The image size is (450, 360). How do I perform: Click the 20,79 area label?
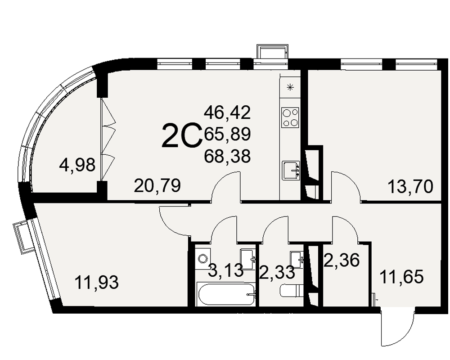coord(157,185)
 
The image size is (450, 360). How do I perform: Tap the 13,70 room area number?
coord(410,187)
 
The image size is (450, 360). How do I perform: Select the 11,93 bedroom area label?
coord(96,282)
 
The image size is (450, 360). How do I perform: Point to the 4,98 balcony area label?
coord(77,165)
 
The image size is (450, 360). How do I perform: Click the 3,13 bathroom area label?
coord(225,270)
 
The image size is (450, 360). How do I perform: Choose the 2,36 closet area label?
coord(342,260)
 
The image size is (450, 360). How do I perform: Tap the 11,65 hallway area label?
coord(401,277)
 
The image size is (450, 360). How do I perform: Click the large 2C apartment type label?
coord(181,135)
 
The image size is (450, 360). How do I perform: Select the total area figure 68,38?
coord(227,157)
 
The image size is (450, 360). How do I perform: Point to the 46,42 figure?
coord(227,112)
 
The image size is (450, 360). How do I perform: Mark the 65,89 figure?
coord(227,134)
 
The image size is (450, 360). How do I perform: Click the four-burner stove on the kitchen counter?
coord(290,118)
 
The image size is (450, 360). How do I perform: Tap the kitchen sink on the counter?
coord(291,171)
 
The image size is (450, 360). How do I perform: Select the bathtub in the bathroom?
coord(226,294)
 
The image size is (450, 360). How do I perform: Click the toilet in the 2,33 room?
coord(292,291)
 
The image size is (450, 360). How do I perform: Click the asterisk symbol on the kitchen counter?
coord(290,87)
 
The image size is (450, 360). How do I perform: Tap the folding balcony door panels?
coord(108,140)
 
